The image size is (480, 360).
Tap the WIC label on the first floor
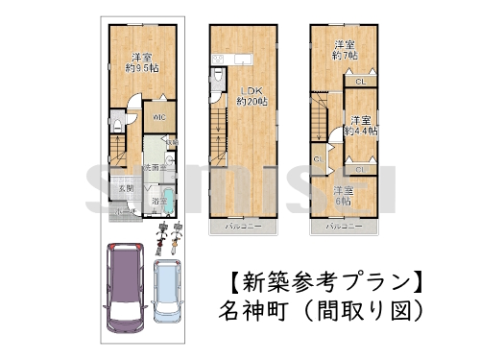(159, 117)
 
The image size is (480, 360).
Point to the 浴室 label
(159, 201)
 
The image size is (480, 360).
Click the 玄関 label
(125, 188)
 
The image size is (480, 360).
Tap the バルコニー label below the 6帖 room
(343, 227)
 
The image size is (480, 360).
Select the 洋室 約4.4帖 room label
(361, 125)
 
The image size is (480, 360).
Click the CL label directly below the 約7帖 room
(358, 83)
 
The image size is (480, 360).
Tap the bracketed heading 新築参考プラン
(325, 283)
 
